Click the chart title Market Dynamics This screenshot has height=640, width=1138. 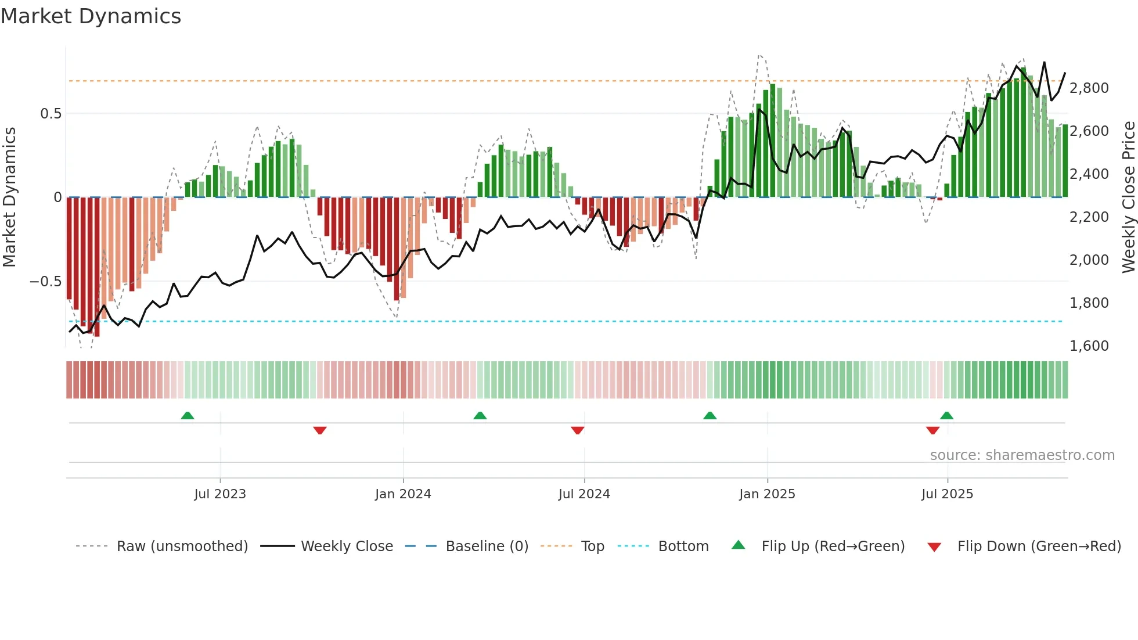91,16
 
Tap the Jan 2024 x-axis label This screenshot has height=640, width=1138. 403,494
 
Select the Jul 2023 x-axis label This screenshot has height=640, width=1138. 220,494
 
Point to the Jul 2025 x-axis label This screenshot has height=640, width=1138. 947,494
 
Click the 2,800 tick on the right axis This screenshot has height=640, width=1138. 1089,88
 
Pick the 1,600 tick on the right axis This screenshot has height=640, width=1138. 1089,346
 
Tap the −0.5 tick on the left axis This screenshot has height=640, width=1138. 46,282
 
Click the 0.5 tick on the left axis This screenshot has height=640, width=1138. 51,114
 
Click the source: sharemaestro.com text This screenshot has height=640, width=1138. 1022,455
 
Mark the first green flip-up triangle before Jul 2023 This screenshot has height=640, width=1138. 188,416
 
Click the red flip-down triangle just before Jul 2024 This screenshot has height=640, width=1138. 577,430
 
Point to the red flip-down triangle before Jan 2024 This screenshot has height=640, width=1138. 320,430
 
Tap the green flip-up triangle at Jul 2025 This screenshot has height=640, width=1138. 946,416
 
